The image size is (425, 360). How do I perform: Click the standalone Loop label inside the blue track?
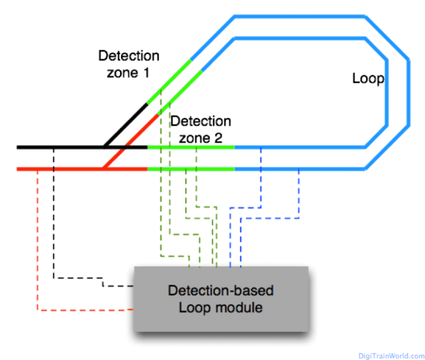(368, 79)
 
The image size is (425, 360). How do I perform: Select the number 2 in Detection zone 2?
(217, 138)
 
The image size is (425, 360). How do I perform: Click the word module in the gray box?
(237, 307)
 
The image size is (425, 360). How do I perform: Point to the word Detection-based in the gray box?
(221, 290)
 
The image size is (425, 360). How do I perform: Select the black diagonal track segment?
(126, 125)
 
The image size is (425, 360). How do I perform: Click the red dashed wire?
(37, 249)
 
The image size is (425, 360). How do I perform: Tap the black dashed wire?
(54, 222)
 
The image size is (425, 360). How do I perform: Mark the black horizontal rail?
(61, 147)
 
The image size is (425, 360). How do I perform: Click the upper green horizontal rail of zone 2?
(190, 147)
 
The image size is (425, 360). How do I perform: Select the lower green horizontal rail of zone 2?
(190, 168)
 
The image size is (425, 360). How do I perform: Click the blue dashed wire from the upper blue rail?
(260, 183)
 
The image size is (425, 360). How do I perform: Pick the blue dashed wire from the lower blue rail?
(299, 194)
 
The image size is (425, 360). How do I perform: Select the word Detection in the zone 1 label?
(128, 56)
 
